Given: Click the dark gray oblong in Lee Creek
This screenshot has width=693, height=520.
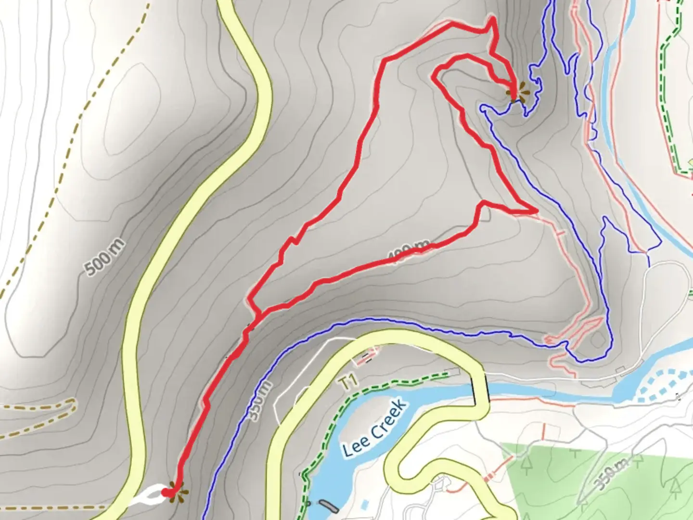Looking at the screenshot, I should pyautogui.click(x=329, y=506).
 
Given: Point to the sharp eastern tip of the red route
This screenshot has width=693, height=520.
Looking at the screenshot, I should pyautogui.click(x=536, y=211).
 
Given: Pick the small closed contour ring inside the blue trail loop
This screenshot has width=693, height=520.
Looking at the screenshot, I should pyautogui.click(x=597, y=339).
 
